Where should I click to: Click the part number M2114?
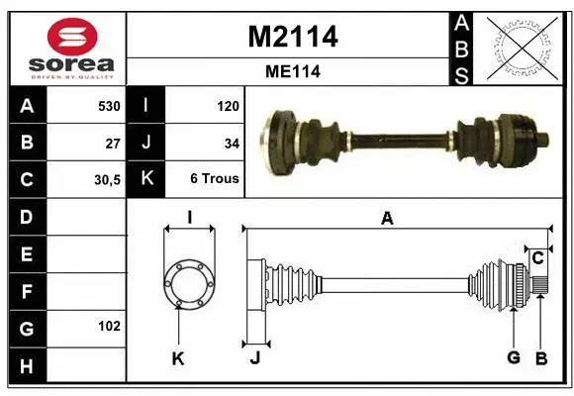click(292, 37)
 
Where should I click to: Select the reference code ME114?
click(292, 71)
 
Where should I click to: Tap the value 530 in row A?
click(108, 106)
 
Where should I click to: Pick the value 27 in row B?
click(113, 143)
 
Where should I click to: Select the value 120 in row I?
click(228, 106)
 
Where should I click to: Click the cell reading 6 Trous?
click(216, 180)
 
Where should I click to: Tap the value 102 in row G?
click(110, 326)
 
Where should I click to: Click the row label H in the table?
click(27, 365)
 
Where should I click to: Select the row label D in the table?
click(27, 216)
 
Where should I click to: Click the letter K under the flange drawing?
click(178, 358)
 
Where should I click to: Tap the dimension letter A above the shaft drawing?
click(387, 219)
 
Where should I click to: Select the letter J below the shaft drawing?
click(254, 358)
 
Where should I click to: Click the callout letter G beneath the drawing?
click(514, 358)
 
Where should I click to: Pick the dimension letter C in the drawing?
click(537, 258)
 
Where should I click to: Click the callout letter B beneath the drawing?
click(540, 358)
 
